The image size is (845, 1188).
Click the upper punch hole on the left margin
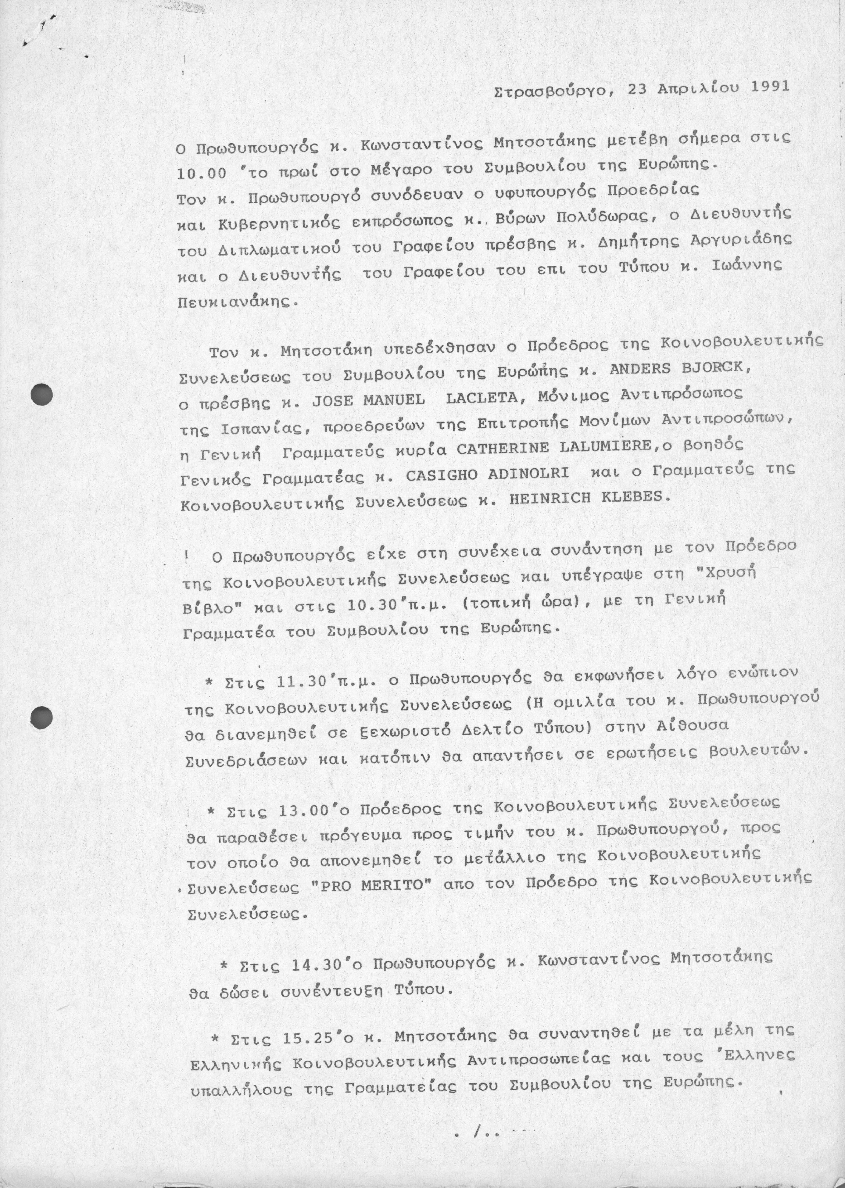(42, 394)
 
